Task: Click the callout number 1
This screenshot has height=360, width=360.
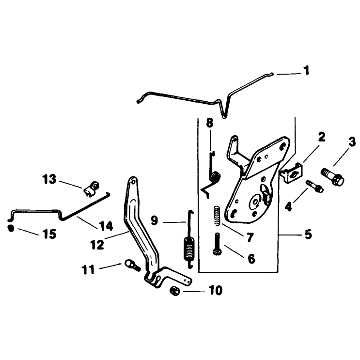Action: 306,70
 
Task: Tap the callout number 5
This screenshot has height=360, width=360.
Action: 308,234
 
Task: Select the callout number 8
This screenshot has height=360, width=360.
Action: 210,123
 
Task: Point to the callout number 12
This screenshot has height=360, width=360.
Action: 97,245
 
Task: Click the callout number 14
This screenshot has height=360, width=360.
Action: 106,226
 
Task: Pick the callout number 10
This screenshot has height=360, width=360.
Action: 215,290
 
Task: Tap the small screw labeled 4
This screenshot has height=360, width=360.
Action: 314,186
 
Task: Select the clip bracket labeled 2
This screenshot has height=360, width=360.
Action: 291,172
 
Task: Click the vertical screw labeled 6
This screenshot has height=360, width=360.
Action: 217,244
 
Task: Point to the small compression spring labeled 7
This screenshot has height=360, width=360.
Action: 217,216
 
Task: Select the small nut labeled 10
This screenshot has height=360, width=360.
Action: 174,291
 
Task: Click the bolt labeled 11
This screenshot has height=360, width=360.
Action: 132,266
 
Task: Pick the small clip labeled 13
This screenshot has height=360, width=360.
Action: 91,189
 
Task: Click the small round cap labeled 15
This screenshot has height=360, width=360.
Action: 11,228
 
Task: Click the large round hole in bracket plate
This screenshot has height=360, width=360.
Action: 255,202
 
